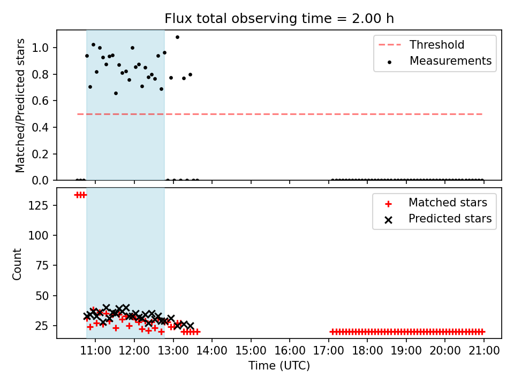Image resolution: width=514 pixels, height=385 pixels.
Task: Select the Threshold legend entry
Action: (x=421, y=44)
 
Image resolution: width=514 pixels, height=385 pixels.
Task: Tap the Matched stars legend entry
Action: (x=436, y=203)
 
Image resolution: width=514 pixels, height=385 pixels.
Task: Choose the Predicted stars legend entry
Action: (x=438, y=219)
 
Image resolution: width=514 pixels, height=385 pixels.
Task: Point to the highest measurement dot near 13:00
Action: (x=177, y=37)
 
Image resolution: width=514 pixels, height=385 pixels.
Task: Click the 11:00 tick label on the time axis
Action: (x=95, y=351)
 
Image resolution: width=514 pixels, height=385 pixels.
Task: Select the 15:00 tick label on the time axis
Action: (x=251, y=351)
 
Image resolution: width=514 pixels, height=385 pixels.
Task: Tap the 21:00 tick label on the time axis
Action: (x=484, y=351)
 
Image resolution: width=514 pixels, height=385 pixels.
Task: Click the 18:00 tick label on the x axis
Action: (x=367, y=351)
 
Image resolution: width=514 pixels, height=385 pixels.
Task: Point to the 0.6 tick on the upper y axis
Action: (x=40, y=101)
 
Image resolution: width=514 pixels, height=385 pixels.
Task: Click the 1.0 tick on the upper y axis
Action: (x=40, y=48)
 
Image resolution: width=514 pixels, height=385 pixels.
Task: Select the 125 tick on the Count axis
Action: (x=39, y=205)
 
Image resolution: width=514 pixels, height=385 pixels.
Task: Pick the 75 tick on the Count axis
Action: (x=42, y=266)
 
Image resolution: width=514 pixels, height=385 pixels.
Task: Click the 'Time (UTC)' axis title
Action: (x=279, y=365)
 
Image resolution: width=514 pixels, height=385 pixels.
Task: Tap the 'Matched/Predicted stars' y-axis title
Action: (x=20, y=105)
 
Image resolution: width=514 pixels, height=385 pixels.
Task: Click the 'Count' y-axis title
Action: (x=17, y=264)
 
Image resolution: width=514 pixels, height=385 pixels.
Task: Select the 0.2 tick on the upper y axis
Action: (x=40, y=154)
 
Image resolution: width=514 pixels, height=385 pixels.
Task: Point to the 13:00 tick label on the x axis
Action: (x=173, y=351)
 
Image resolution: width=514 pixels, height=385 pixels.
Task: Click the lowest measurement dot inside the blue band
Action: (x=116, y=93)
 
